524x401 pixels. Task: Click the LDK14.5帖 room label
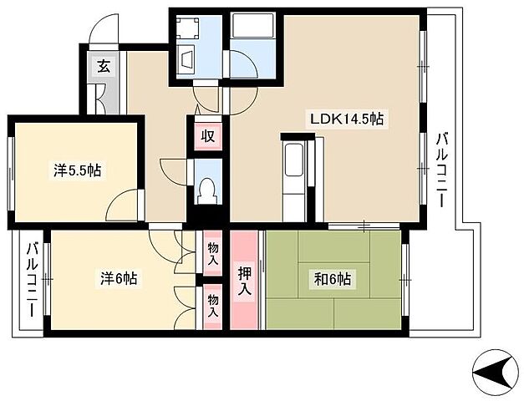pyautogui.click(x=347, y=119)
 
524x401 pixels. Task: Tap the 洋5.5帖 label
pyautogui.click(x=78, y=170)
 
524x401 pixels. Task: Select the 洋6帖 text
pyautogui.click(x=119, y=278)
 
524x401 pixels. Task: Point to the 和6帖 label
pyautogui.click(x=332, y=279)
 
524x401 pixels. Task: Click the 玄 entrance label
pyautogui.click(x=104, y=67)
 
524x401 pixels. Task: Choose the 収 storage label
pyautogui.click(x=208, y=136)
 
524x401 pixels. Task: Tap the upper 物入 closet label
pyautogui.click(x=213, y=254)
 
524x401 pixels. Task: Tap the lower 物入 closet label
pyautogui.click(x=213, y=306)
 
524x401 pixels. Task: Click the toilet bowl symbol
pyautogui.click(x=208, y=191)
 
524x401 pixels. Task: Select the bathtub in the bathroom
pyautogui.click(x=253, y=26)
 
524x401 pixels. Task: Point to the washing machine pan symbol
pyautogui.click(x=187, y=27)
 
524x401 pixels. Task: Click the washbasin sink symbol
pyautogui.click(x=187, y=60)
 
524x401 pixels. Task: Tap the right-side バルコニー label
pyautogui.click(x=441, y=170)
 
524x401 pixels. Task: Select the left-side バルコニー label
pyautogui.click(x=33, y=279)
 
